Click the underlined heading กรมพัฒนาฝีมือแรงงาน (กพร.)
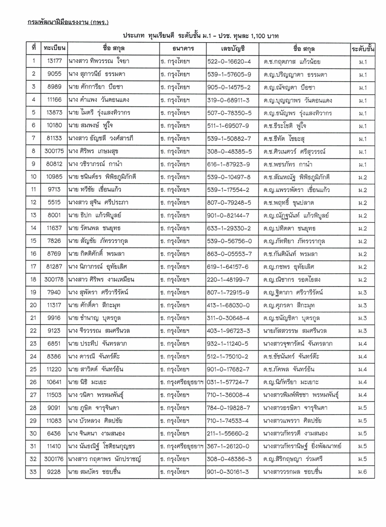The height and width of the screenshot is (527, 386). [x=68, y=23]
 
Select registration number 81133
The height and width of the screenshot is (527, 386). [x=55, y=138]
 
